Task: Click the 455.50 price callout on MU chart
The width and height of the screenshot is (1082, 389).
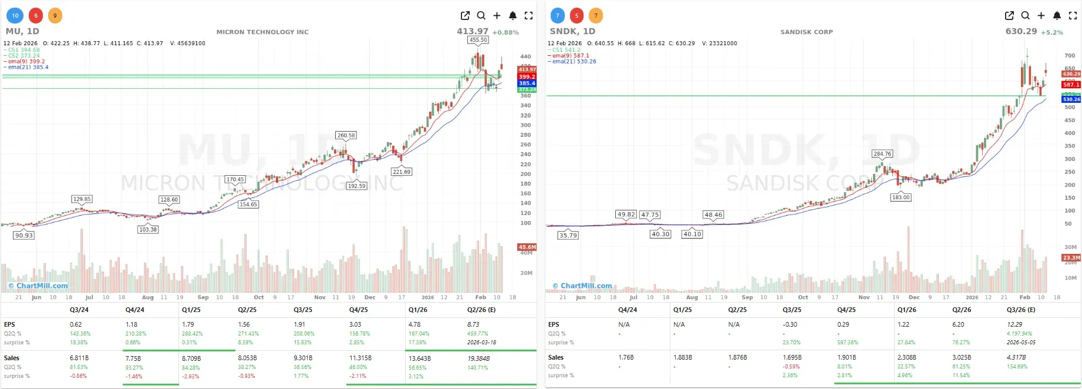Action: [x=478, y=40]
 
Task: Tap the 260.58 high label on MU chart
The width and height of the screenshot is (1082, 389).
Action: [x=346, y=135]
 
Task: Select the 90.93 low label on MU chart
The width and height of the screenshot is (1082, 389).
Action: [x=24, y=235]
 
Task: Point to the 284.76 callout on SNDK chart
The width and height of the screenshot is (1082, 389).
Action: [x=882, y=154]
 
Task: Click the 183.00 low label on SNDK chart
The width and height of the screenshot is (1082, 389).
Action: [x=901, y=197]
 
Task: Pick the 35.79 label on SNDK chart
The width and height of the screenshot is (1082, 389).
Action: [x=568, y=235]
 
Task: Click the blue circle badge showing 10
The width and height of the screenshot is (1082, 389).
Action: [x=15, y=16]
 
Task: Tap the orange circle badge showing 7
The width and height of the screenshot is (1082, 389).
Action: [x=595, y=16]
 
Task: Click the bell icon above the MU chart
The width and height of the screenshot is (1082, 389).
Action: [x=513, y=16]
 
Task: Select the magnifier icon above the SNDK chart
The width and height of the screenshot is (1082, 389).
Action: [x=1025, y=16]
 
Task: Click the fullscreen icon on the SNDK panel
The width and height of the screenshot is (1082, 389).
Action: [x=1073, y=16]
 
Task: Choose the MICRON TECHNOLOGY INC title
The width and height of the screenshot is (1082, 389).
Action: [x=262, y=32]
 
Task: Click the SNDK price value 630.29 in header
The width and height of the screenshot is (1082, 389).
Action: [x=1021, y=31]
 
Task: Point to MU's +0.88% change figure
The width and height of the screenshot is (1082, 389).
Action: [x=505, y=32]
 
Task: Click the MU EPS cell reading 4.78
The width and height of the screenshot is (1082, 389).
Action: [x=414, y=324]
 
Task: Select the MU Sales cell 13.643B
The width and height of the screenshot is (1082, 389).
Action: [x=419, y=358]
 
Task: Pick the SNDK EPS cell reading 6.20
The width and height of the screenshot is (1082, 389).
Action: [x=958, y=324]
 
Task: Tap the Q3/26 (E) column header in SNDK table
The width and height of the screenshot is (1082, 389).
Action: [x=1021, y=310]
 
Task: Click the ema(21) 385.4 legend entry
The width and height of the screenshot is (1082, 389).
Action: [x=28, y=67]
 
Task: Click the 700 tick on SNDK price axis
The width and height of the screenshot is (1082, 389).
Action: [x=1070, y=56]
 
